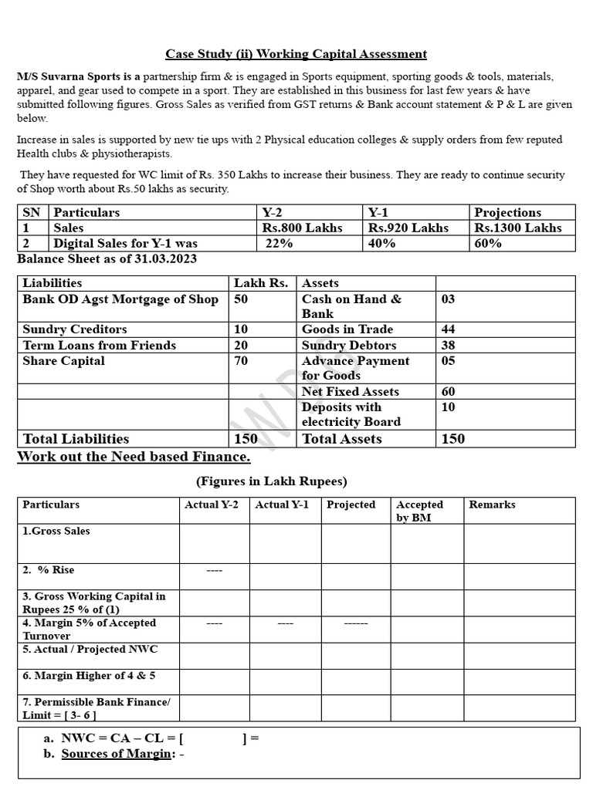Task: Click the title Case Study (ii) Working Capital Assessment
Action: click(296, 54)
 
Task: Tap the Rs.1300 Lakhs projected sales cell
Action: click(518, 228)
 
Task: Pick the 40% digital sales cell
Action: click(382, 243)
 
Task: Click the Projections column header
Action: click(507, 212)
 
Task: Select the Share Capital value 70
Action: click(241, 360)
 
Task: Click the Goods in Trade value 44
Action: click(448, 329)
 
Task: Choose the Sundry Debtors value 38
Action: click(448, 345)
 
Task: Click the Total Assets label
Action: click(341, 439)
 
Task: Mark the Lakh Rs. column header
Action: click(260, 283)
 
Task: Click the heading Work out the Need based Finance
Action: click(134, 457)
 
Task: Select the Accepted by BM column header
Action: click(419, 511)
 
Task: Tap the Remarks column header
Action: click(492, 505)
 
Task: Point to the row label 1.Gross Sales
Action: click(56, 532)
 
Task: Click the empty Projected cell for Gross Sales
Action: click(355, 543)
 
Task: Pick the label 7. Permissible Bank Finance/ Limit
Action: click(96, 708)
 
